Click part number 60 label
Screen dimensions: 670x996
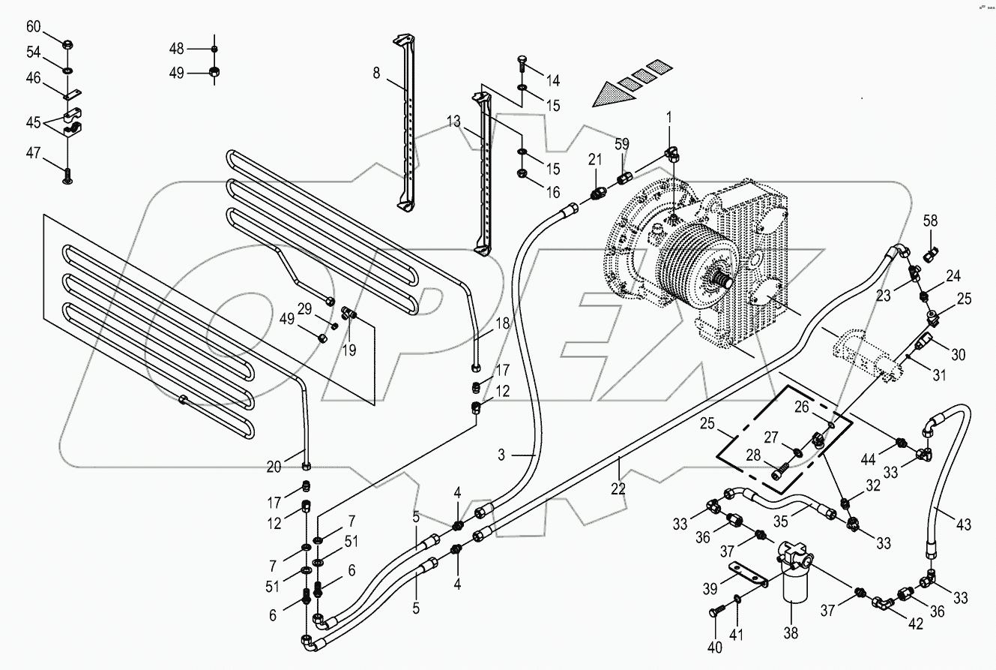[34, 27]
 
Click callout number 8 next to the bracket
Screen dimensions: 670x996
[376, 73]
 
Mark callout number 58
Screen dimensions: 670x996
[930, 221]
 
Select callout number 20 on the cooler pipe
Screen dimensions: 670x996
[274, 467]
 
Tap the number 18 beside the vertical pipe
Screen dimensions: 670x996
[501, 323]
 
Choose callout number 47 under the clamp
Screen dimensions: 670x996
[34, 152]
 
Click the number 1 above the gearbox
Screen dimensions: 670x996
[669, 117]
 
